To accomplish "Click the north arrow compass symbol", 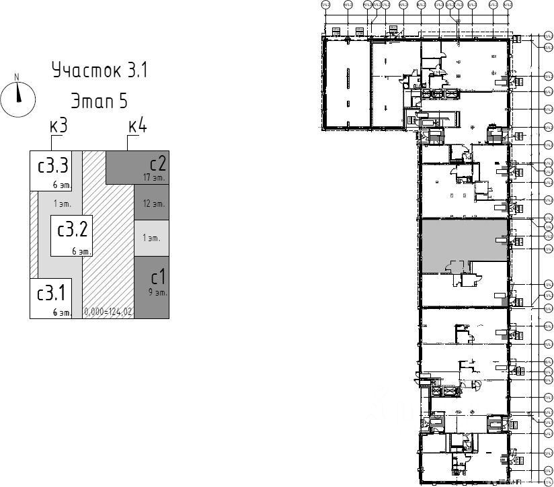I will pos(18,98).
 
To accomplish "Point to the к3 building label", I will pos(58,126).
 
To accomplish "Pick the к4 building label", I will pos(137,126).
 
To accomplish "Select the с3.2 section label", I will pos(72,230).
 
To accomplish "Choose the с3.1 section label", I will pos(51,293).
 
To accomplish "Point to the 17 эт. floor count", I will pos(154,177).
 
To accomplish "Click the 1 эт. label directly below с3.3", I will pos(63,203).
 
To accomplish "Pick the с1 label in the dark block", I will pos(158,277).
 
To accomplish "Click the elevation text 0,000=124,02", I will pos(108,312).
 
